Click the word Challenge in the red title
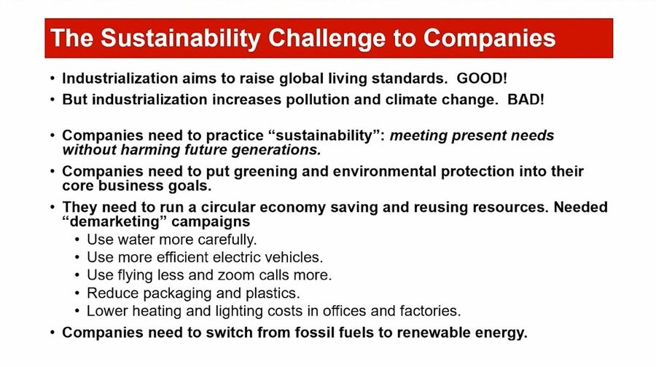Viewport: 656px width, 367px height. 327,39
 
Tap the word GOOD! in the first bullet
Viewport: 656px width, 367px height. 482,78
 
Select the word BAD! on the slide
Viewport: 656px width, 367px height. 526,100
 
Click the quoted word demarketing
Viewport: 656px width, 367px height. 114,221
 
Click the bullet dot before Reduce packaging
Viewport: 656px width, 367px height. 77,293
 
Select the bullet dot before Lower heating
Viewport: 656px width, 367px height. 77,312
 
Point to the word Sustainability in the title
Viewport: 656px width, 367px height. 181,39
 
